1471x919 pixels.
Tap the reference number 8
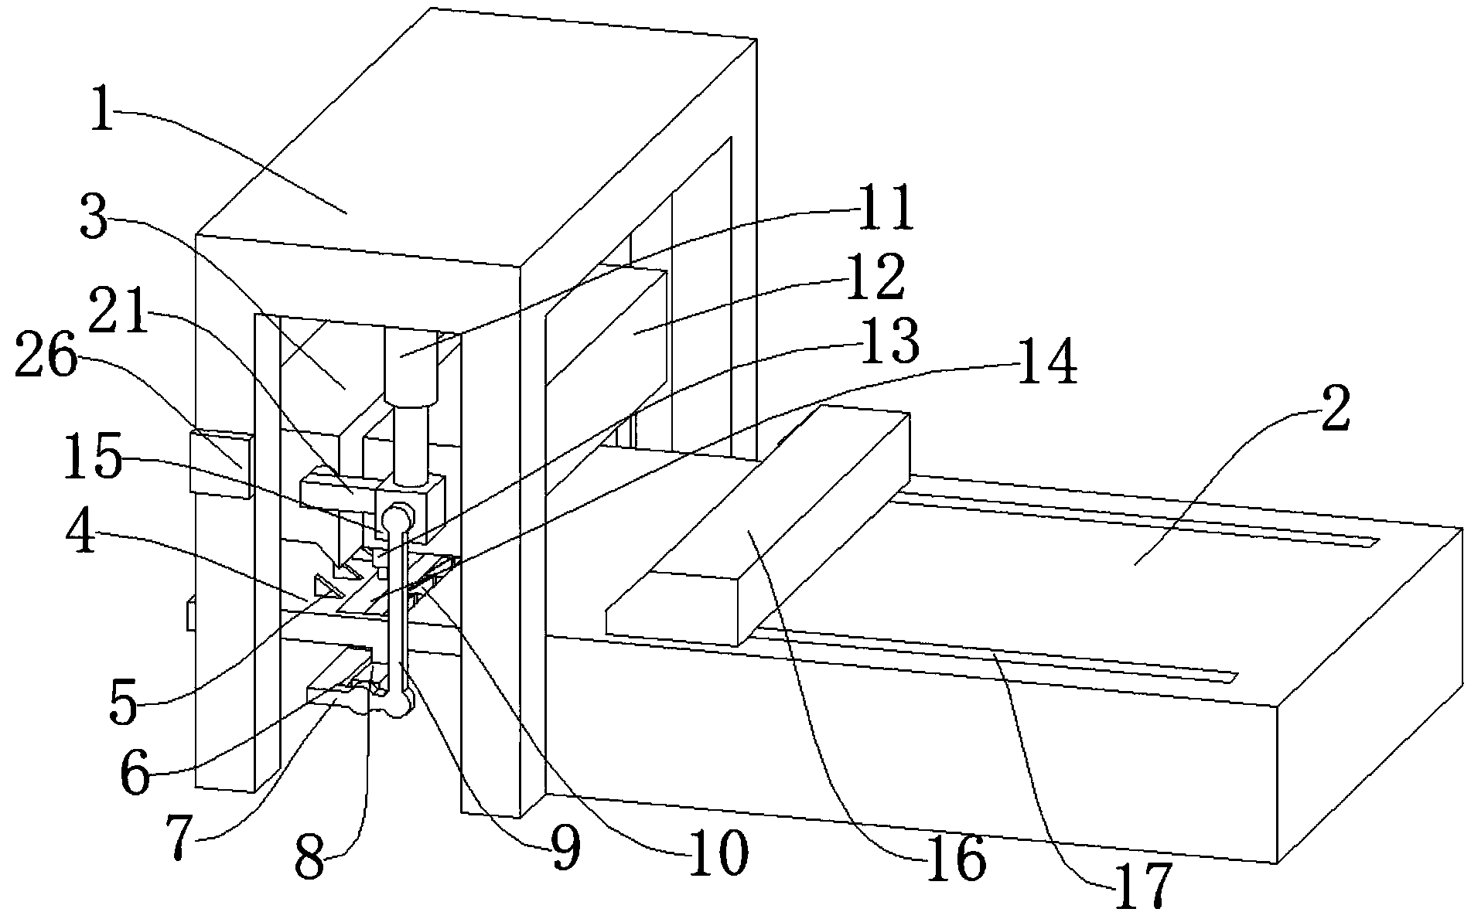click(x=309, y=858)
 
